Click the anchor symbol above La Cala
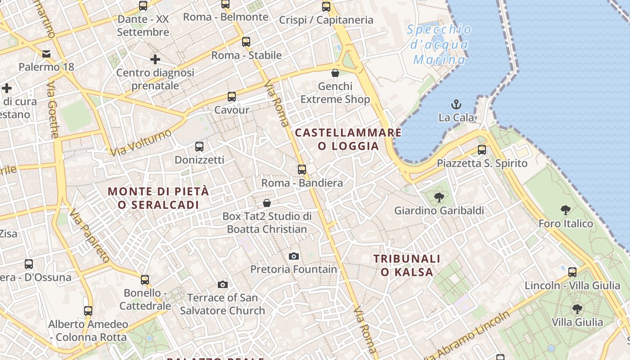[456, 104]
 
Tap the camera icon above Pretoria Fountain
[293, 256]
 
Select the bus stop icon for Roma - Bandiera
[302, 170]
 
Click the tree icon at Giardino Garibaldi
[439, 197]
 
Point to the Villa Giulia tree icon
[577, 309]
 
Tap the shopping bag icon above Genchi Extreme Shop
[335, 73]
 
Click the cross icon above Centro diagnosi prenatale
[155, 59]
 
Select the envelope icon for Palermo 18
[46, 54]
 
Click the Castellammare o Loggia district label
[348, 139]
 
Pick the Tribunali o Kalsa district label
[407, 265]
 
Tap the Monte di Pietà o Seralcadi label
[158, 198]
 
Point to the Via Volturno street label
[142, 142]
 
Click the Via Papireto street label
[90, 237]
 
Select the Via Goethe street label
[53, 110]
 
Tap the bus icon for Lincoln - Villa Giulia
[572, 272]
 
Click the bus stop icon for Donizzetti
[199, 147]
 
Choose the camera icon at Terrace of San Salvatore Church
[222, 284]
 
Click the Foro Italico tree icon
[566, 210]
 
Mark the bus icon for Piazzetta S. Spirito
[482, 149]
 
